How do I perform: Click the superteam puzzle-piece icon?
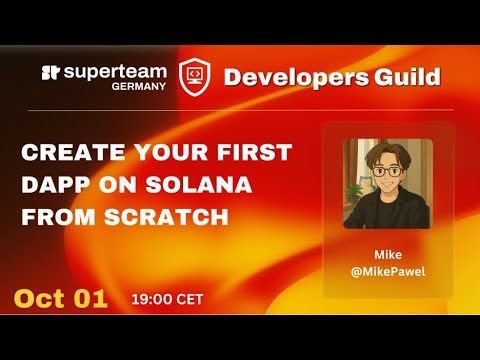point(52,74)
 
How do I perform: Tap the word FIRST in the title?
point(252,153)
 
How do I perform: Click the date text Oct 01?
point(60,299)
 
